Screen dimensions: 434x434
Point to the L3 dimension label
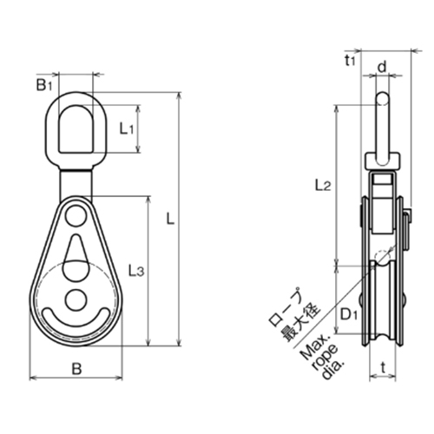135,272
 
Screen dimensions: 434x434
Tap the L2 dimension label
320,184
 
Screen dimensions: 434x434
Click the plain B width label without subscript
76,370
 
